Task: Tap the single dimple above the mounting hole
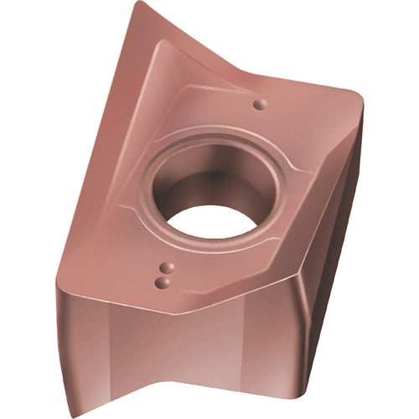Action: pyautogui.click(x=260, y=104)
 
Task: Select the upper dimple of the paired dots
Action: pyautogui.click(x=163, y=270)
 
